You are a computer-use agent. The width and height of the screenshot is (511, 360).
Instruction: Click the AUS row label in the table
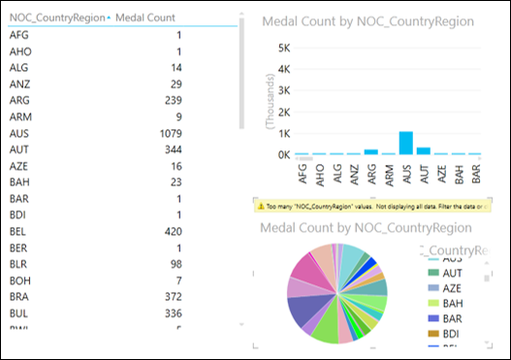(x=19, y=133)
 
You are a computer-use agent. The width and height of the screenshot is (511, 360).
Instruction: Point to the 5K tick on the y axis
(x=285, y=48)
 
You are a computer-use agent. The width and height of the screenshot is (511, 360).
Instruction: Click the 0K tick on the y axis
(x=285, y=154)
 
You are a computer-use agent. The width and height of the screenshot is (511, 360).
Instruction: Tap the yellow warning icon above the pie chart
(x=260, y=207)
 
